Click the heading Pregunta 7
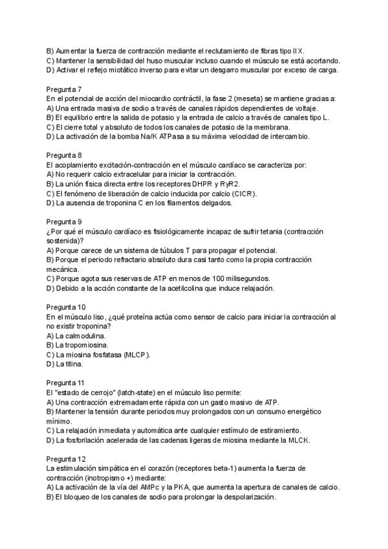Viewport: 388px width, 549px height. [64, 89]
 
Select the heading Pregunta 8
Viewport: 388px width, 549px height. [64, 155]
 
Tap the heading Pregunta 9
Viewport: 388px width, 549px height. [64, 221]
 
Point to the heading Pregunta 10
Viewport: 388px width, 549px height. [66, 307]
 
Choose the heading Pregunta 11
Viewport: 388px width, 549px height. [66, 383]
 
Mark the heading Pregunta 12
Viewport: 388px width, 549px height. [66, 458]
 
